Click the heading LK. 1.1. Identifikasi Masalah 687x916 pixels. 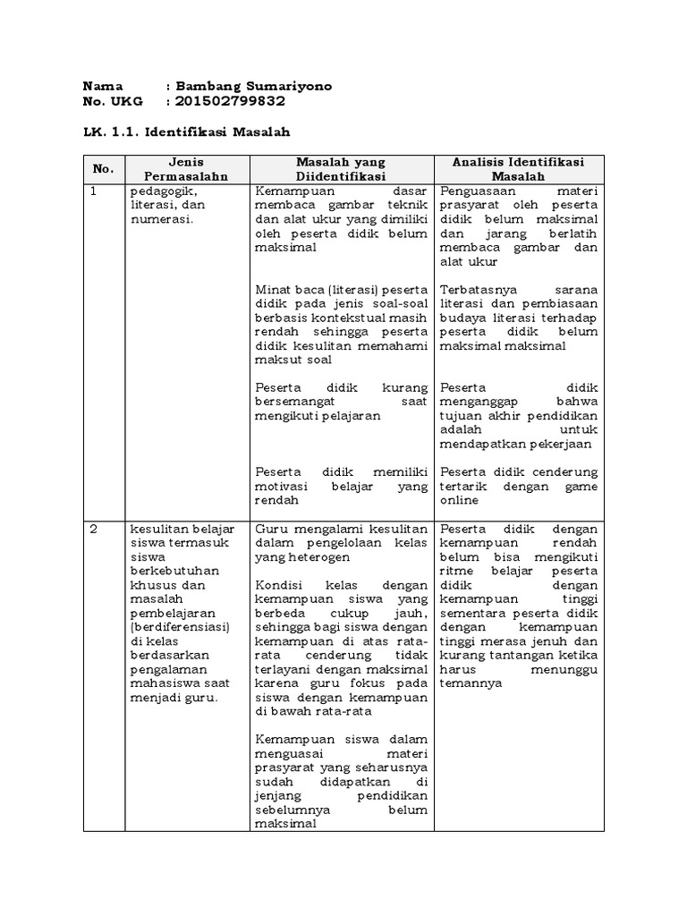[x=187, y=131]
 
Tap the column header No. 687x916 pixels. [x=103, y=168]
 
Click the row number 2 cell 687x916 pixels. [x=95, y=529]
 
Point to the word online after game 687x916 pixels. [x=460, y=501]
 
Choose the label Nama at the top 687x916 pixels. [x=102, y=86]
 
